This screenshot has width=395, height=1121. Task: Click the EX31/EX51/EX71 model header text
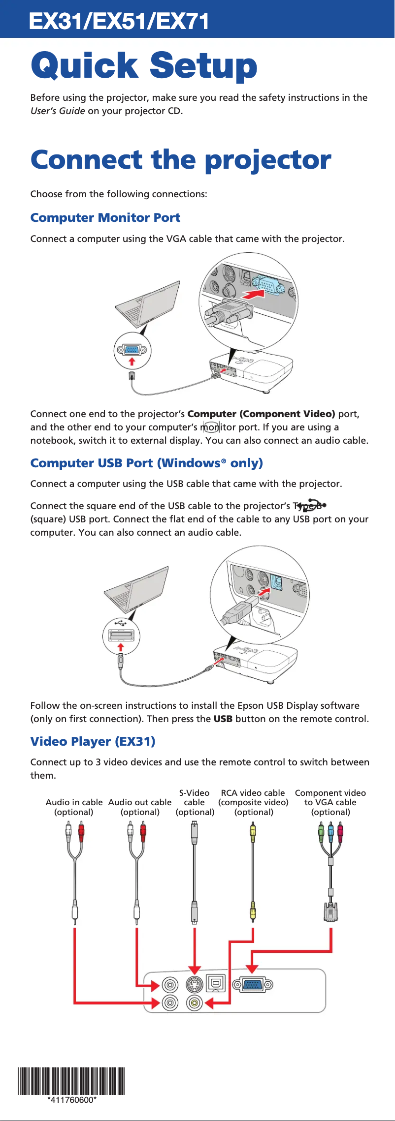[119, 21]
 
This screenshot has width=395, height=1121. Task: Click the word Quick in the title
[84, 65]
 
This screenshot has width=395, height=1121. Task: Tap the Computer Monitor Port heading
[105, 217]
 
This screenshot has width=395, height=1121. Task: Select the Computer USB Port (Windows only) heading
[146, 463]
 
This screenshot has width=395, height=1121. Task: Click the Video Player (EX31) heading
[93, 741]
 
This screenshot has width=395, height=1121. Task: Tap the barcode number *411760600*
[72, 1100]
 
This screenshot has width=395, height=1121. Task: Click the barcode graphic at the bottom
[71, 1080]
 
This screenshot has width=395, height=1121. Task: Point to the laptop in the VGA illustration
[147, 304]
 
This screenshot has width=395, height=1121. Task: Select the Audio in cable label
[74, 807]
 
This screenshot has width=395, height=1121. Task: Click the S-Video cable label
[195, 802]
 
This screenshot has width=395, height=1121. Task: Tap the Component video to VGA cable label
[330, 802]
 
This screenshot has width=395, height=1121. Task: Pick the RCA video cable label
[253, 802]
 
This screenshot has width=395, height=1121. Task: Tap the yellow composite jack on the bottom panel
[195, 1002]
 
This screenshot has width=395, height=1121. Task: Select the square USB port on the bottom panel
[216, 983]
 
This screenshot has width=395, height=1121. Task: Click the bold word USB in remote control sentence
[223, 719]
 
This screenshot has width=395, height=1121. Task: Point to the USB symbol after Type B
[312, 506]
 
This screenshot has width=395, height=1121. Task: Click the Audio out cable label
[140, 807]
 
